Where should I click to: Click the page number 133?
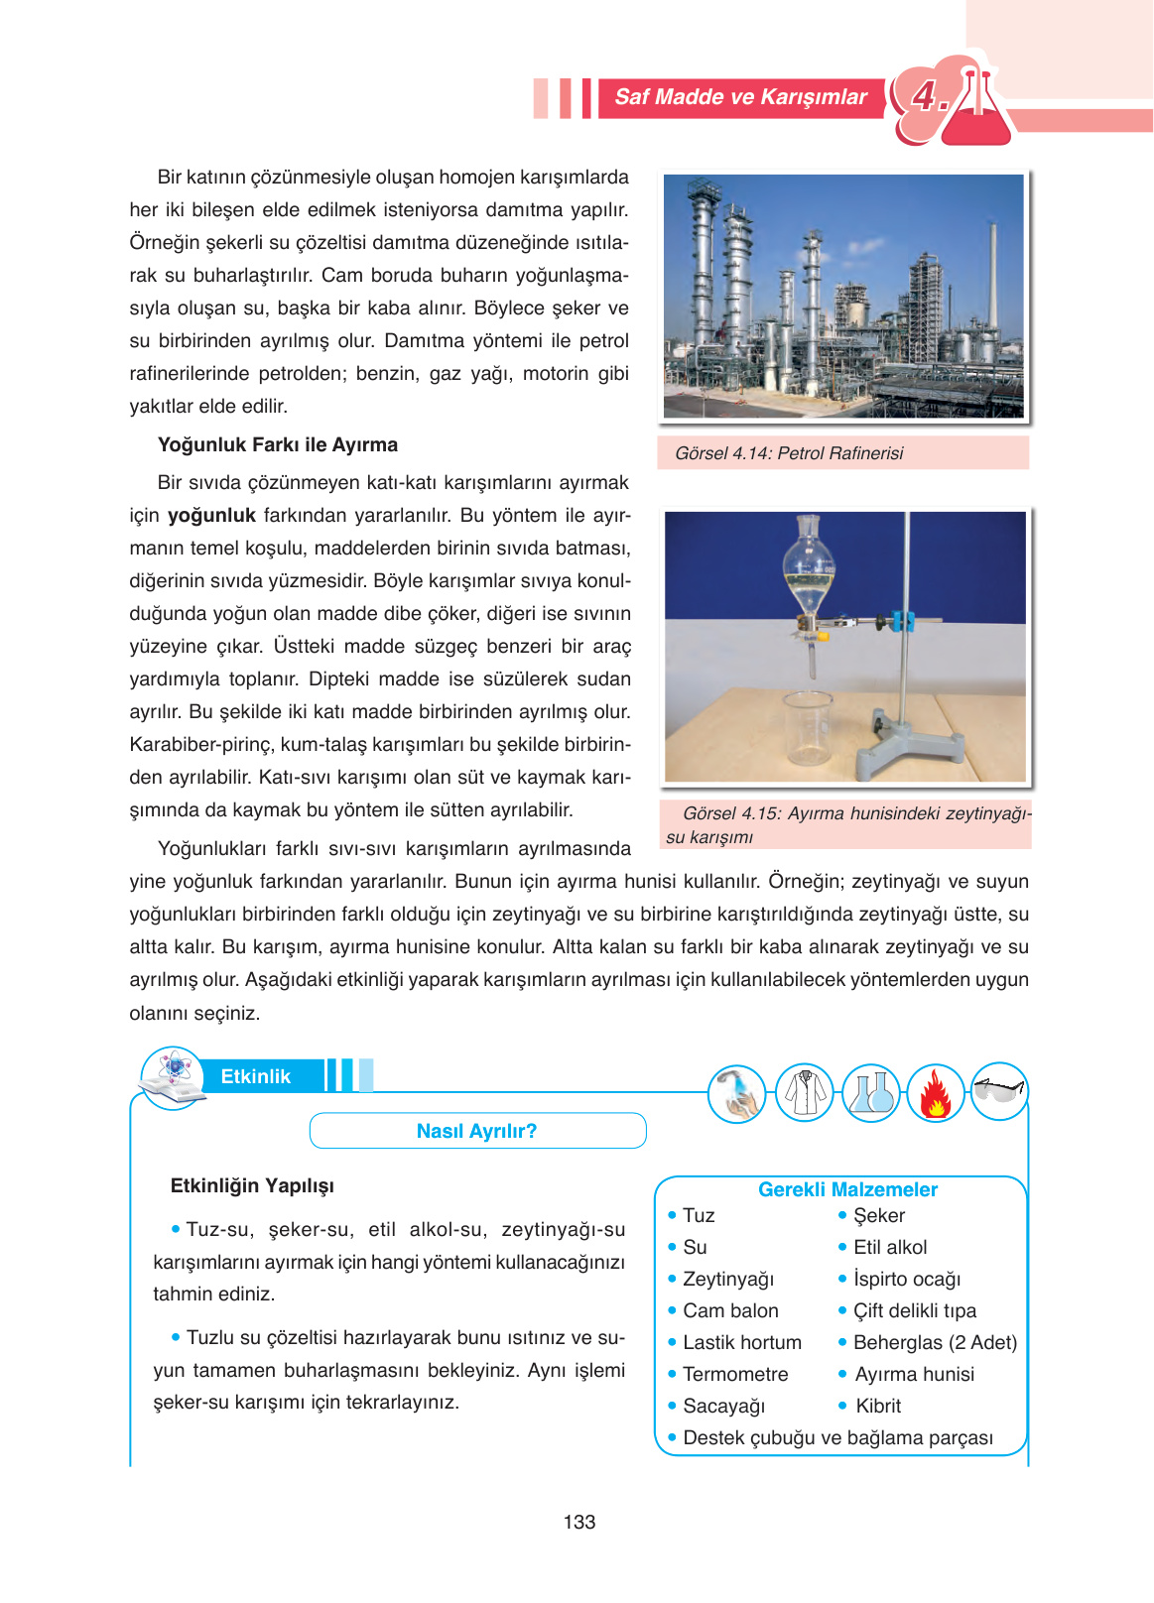[x=578, y=1522]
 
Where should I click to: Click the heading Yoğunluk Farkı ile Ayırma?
[x=278, y=444]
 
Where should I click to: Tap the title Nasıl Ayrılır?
[x=476, y=1131]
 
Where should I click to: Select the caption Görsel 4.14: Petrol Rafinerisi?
[x=789, y=453]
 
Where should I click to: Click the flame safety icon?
[x=935, y=1094]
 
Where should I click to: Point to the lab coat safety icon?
[x=804, y=1093]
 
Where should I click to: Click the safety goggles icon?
[x=998, y=1091]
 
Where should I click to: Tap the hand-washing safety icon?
[x=736, y=1094]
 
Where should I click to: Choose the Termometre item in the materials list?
[x=735, y=1374]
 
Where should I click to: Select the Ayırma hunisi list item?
[x=914, y=1374]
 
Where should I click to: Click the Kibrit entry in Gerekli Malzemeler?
[x=878, y=1406]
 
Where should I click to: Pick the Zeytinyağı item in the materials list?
[x=728, y=1279]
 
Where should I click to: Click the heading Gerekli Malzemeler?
[x=847, y=1189]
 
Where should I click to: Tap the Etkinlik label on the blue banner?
[x=255, y=1076]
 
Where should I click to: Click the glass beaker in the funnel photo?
[x=806, y=729]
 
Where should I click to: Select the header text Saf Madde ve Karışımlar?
[x=740, y=97]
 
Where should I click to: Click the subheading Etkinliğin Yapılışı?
[x=252, y=1185]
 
